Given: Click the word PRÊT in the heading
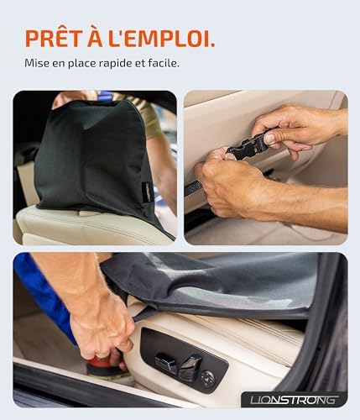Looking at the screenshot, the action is click(x=54, y=39).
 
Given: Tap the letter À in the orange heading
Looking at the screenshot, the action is click(x=95, y=37).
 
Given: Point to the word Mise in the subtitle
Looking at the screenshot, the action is click(x=34, y=63).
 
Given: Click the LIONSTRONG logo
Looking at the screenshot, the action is click(x=295, y=400).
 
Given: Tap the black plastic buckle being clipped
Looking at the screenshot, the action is click(x=248, y=148).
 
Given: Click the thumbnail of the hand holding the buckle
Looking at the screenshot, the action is click(x=266, y=167).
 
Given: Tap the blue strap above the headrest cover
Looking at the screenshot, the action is click(x=106, y=96).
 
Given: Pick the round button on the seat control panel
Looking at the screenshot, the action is click(x=208, y=379).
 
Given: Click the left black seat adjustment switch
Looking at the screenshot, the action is click(x=166, y=363).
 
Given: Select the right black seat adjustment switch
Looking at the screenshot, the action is click(x=190, y=367).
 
